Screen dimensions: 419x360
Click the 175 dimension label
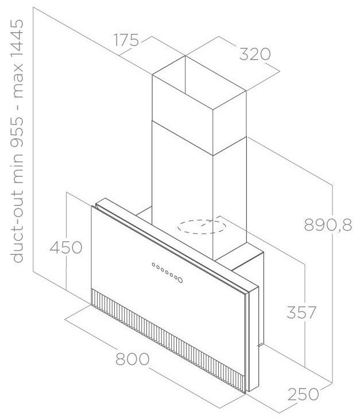126,41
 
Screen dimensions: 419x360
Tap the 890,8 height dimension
328,226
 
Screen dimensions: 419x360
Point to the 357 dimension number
301,313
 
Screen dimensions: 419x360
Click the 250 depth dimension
303,395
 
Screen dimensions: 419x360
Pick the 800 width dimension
133,360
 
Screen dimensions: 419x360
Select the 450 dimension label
66,248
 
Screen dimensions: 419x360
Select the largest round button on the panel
180,280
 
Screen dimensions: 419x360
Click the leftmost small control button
153,265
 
